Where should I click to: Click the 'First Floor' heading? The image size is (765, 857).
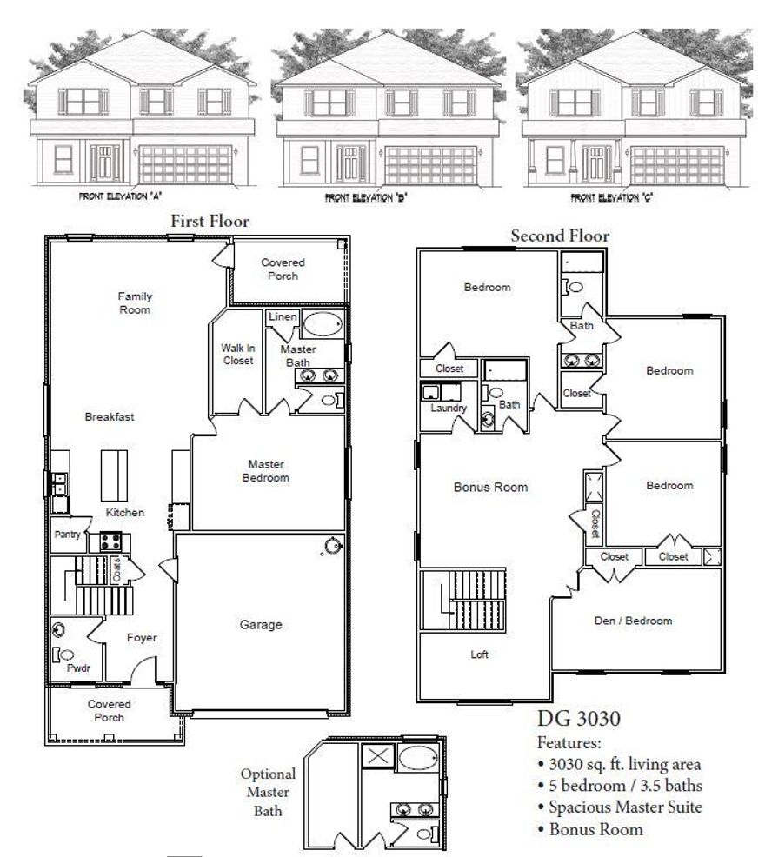pyautogui.click(x=210, y=222)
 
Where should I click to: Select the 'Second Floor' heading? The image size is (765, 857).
pyautogui.click(x=560, y=236)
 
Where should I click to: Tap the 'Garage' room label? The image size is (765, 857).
pyautogui.click(x=261, y=624)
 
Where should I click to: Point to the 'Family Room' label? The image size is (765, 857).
pyautogui.click(x=135, y=302)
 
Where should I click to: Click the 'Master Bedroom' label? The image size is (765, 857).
pyautogui.click(x=267, y=470)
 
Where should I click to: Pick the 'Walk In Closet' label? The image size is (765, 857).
pyautogui.click(x=237, y=354)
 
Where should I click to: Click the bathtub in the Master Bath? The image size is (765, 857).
pyautogui.click(x=322, y=325)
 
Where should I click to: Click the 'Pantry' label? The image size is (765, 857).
pyautogui.click(x=67, y=535)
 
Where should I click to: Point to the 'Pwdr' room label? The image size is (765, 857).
pyautogui.click(x=78, y=670)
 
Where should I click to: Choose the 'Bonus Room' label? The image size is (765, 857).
pyautogui.click(x=490, y=488)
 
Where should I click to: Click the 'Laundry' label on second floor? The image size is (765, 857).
pyautogui.click(x=449, y=408)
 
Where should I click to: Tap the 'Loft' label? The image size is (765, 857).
pyautogui.click(x=479, y=654)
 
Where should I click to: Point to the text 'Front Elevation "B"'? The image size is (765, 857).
pyautogui.click(x=366, y=198)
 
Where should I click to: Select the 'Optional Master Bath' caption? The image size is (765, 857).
pyautogui.click(x=269, y=792)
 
